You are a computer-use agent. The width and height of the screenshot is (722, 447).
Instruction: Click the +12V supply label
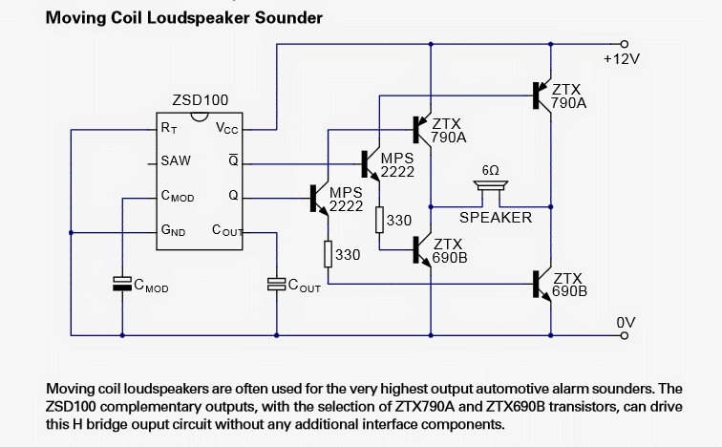[621, 59]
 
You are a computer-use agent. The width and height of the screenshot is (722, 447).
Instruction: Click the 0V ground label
[626, 323]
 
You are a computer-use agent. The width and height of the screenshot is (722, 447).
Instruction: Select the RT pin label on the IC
[168, 127]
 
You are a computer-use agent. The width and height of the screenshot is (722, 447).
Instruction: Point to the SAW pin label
[176, 161]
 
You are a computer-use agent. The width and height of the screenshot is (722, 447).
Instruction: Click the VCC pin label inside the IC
[227, 128]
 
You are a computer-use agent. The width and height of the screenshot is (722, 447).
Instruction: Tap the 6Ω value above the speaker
[490, 170]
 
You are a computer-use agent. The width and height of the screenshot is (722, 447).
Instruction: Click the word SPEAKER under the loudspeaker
[496, 218]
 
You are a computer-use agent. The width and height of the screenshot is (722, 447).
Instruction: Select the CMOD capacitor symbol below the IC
[121, 283]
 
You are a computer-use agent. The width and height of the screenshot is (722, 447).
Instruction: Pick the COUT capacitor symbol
[276, 284]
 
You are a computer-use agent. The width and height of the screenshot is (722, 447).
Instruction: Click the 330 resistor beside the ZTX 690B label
[379, 221]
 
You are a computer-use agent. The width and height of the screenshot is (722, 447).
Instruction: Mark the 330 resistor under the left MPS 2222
[328, 255]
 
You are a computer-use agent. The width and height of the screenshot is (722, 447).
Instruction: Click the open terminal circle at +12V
[625, 43]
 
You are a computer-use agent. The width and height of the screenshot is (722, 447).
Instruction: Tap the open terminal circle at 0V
[625, 335]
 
